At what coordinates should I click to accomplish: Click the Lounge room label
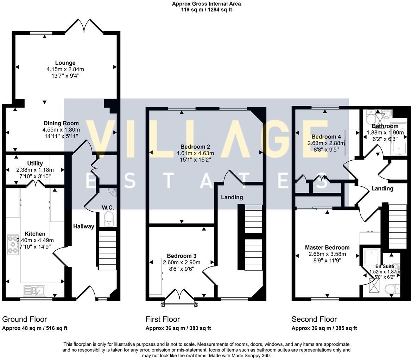(65, 63)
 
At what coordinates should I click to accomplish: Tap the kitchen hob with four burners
(13, 244)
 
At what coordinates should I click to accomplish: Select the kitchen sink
(34, 290)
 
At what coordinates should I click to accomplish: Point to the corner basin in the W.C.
(113, 192)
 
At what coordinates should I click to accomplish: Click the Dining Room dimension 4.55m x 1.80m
(61, 130)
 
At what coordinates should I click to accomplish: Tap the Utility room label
(35, 163)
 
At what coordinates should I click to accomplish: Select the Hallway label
(84, 226)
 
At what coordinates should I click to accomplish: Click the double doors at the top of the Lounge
(84, 26)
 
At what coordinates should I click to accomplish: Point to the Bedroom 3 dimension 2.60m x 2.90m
(182, 263)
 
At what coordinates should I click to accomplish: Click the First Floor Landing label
(232, 197)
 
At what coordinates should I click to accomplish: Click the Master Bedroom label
(327, 247)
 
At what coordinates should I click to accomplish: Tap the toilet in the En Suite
(392, 289)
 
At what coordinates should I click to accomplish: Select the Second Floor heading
(314, 319)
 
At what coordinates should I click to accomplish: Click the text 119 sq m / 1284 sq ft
(206, 10)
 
